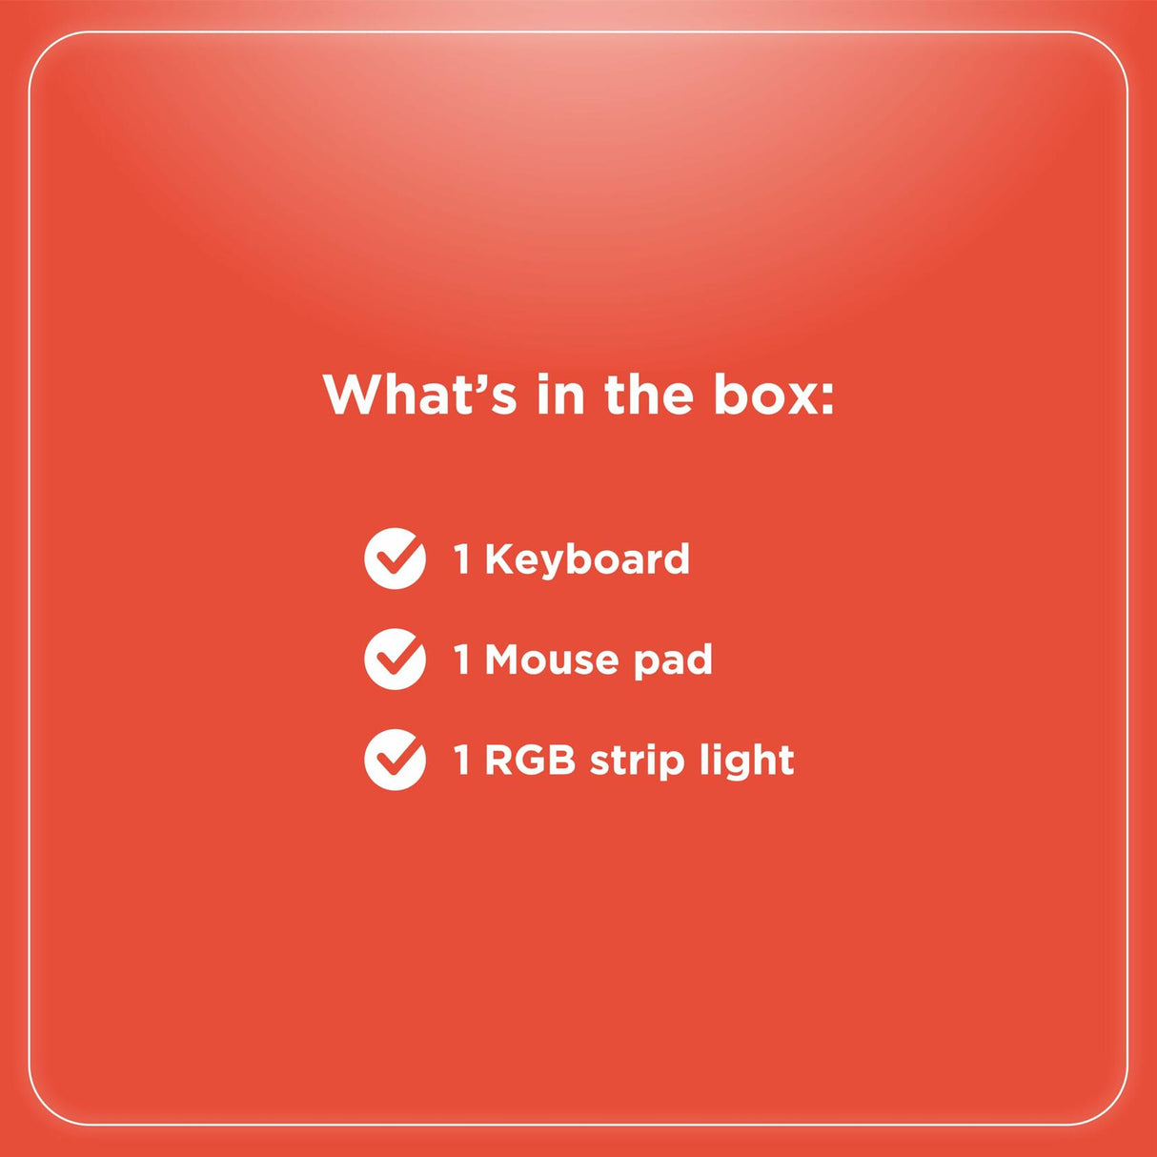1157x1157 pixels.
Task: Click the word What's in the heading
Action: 419,395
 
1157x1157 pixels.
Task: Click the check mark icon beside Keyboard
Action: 395,558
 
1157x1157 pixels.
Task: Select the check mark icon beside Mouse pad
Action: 395,660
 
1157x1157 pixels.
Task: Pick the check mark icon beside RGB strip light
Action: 395,760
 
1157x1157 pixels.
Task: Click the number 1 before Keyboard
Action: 462,559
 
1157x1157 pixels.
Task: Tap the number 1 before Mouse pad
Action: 462,660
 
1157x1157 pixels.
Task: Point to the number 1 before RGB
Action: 462,761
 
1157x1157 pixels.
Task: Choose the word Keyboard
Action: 587,559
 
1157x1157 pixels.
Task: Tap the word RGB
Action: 530,761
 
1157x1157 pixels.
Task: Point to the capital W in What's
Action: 353,395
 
